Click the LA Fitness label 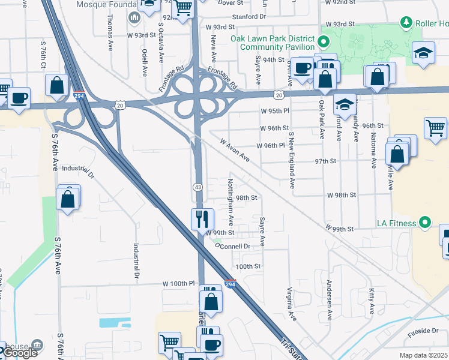(x=396, y=224)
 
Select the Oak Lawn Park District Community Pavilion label (x=273, y=43)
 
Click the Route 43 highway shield (x=197, y=187)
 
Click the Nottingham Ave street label (x=232, y=196)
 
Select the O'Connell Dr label (x=232, y=246)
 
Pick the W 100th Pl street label (x=179, y=283)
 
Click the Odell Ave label (x=145, y=62)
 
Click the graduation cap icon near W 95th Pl (x=345, y=104)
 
